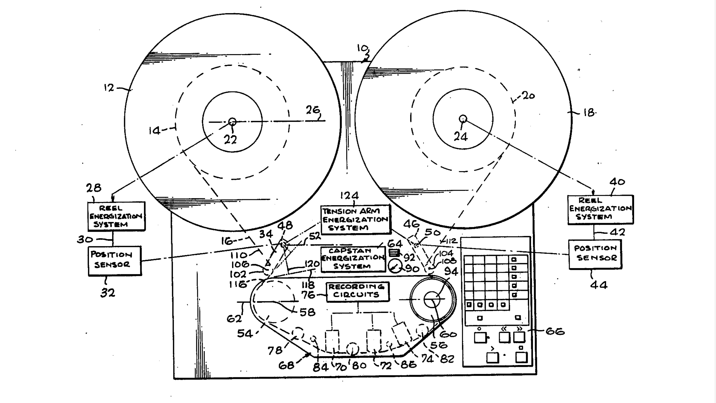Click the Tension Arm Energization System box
click(x=355, y=219)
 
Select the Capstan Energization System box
click(x=353, y=259)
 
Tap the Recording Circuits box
click(x=357, y=291)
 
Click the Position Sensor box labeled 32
click(x=115, y=260)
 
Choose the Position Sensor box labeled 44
click(x=595, y=254)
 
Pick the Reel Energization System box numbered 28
click(x=116, y=216)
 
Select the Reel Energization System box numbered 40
click(x=600, y=209)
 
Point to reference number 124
click(x=349, y=196)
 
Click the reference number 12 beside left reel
click(x=109, y=87)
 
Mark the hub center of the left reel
click(x=232, y=122)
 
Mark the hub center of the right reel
click(x=463, y=119)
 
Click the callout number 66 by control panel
click(x=555, y=331)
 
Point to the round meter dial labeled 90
click(x=395, y=266)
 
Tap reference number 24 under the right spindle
click(x=461, y=136)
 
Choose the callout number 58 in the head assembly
click(x=307, y=312)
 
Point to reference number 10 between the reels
click(x=362, y=48)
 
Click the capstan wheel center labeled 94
click(x=432, y=299)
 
